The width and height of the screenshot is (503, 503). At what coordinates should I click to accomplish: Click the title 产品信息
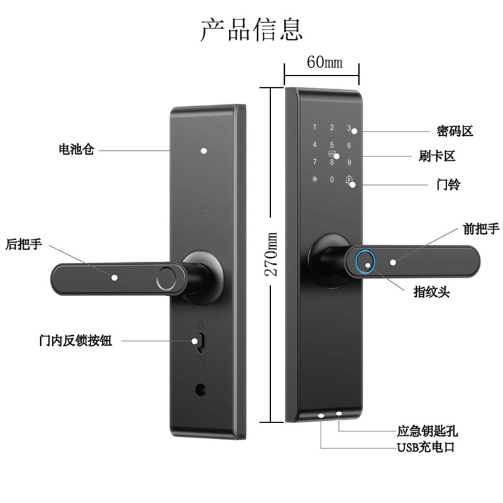click(x=251, y=30)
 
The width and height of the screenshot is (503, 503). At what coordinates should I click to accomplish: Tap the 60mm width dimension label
click(x=324, y=62)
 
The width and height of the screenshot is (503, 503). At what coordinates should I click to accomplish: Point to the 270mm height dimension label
click(x=271, y=255)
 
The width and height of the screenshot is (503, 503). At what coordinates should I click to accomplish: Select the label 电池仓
click(x=76, y=149)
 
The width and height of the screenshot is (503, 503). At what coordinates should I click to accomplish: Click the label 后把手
click(x=24, y=244)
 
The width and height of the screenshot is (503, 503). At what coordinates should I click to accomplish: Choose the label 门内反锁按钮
click(x=75, y=340)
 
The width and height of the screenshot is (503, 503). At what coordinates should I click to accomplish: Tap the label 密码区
click(x=455, y=131)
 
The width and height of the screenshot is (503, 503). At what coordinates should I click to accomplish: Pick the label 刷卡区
click(x=437, y=156)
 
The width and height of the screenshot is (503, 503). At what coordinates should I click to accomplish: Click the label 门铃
click(x=448, y=184)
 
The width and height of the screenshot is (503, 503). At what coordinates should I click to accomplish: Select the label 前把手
click(x=481, y=229)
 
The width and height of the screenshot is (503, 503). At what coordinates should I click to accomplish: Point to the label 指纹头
click(x=431, y=292)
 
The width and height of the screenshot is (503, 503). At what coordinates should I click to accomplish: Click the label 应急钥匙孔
click(x=427, y=431)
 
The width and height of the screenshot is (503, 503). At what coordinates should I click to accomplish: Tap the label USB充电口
click(x=426, y=447)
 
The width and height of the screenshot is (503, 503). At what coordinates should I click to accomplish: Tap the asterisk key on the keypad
click(x=315, y=179)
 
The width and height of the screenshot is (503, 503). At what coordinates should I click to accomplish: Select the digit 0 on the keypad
click(x=332, y=179)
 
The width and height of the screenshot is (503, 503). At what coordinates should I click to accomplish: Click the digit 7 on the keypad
click(x=315, y=162)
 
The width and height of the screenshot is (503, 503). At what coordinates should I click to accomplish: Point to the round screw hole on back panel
click(x=201, y=389)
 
